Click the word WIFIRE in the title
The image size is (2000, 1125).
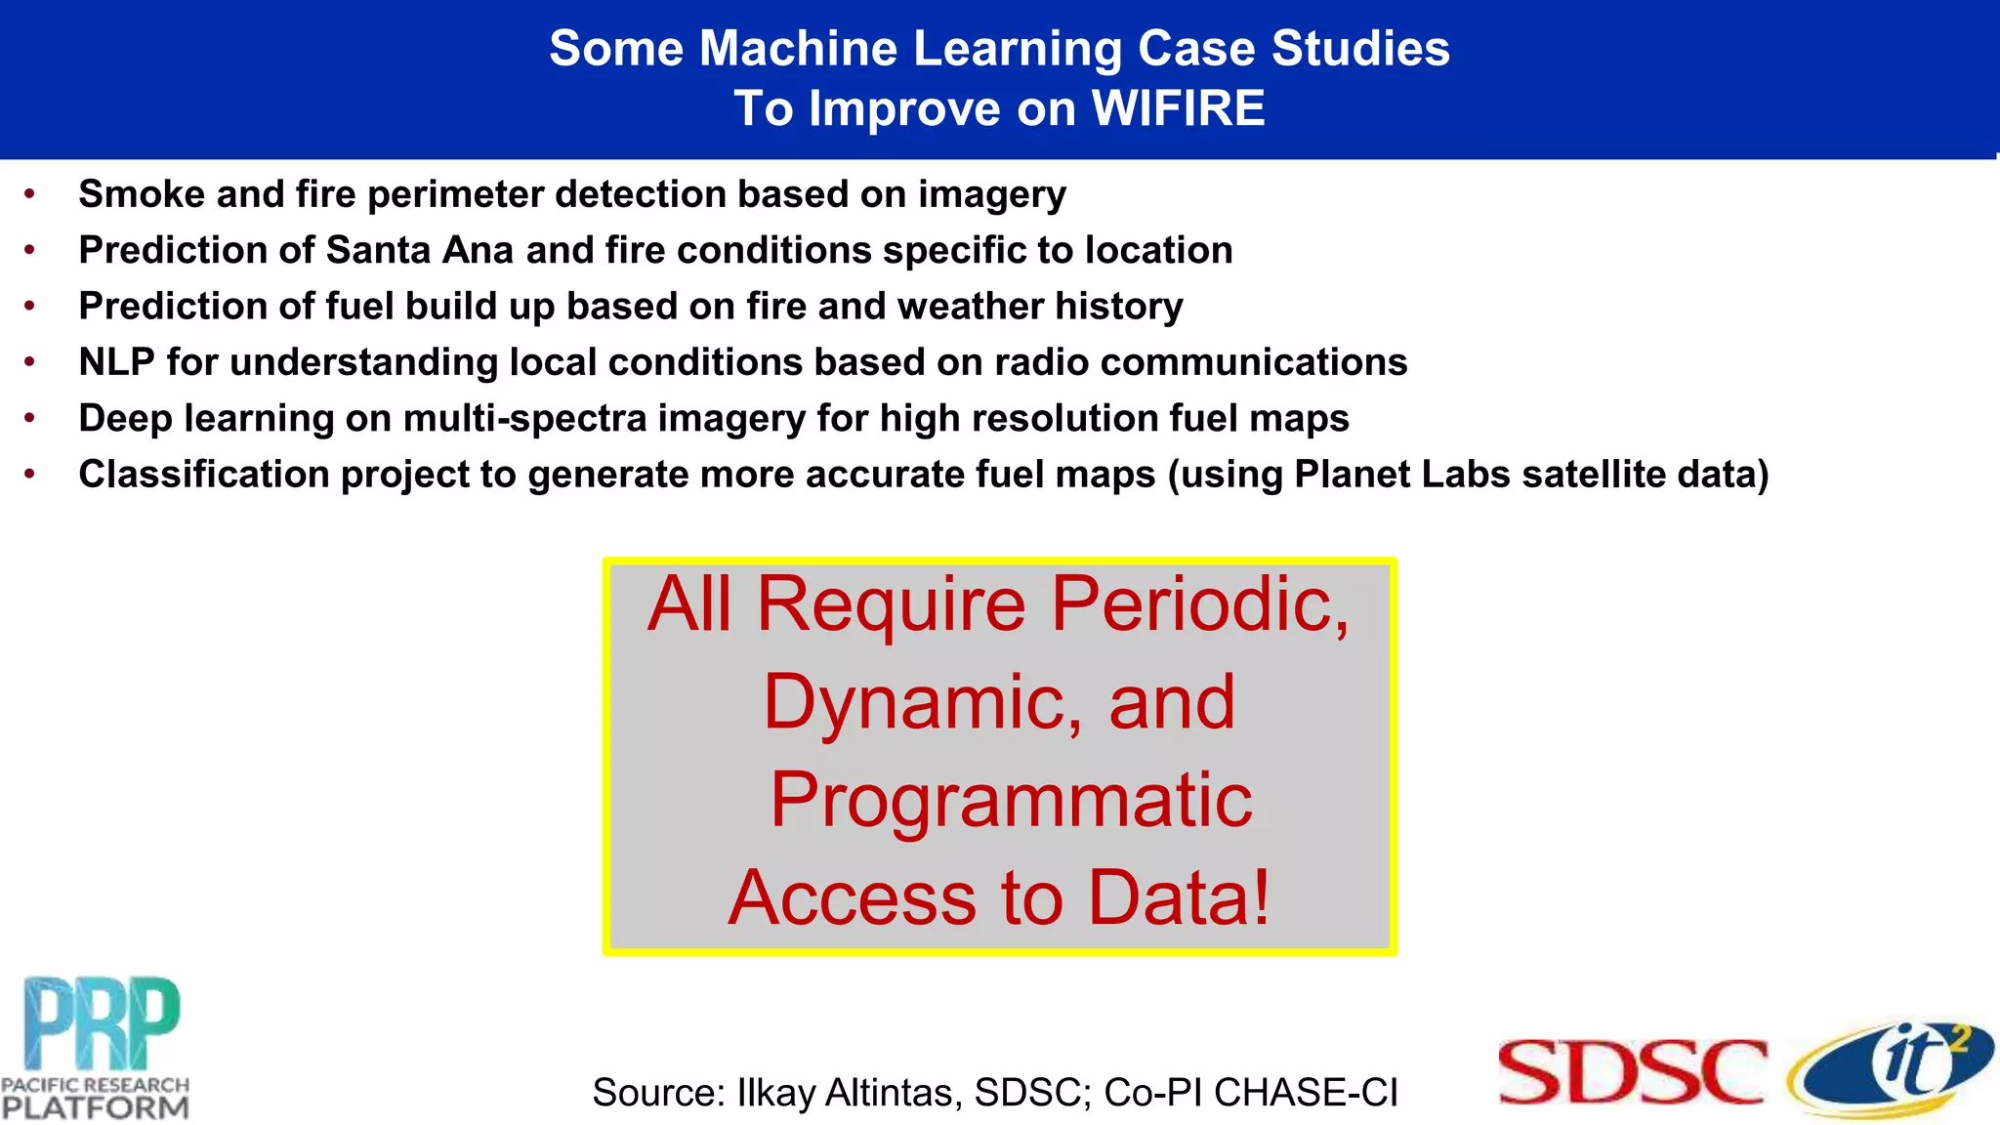coord(1178,108)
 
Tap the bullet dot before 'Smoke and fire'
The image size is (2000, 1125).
coord(30,194)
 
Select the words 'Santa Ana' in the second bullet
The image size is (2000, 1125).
coord(420,250)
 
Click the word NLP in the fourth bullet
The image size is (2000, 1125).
coord(116,362)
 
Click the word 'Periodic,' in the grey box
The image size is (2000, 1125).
coord(1200,604)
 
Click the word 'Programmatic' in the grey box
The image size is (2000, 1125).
coord(1011,801)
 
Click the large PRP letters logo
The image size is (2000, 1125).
coord(102,1023)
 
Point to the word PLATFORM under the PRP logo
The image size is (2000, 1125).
coord(95,1107)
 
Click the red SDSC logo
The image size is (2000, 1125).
coord(1632,1072)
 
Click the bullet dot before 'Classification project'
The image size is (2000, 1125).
coord(30,475)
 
